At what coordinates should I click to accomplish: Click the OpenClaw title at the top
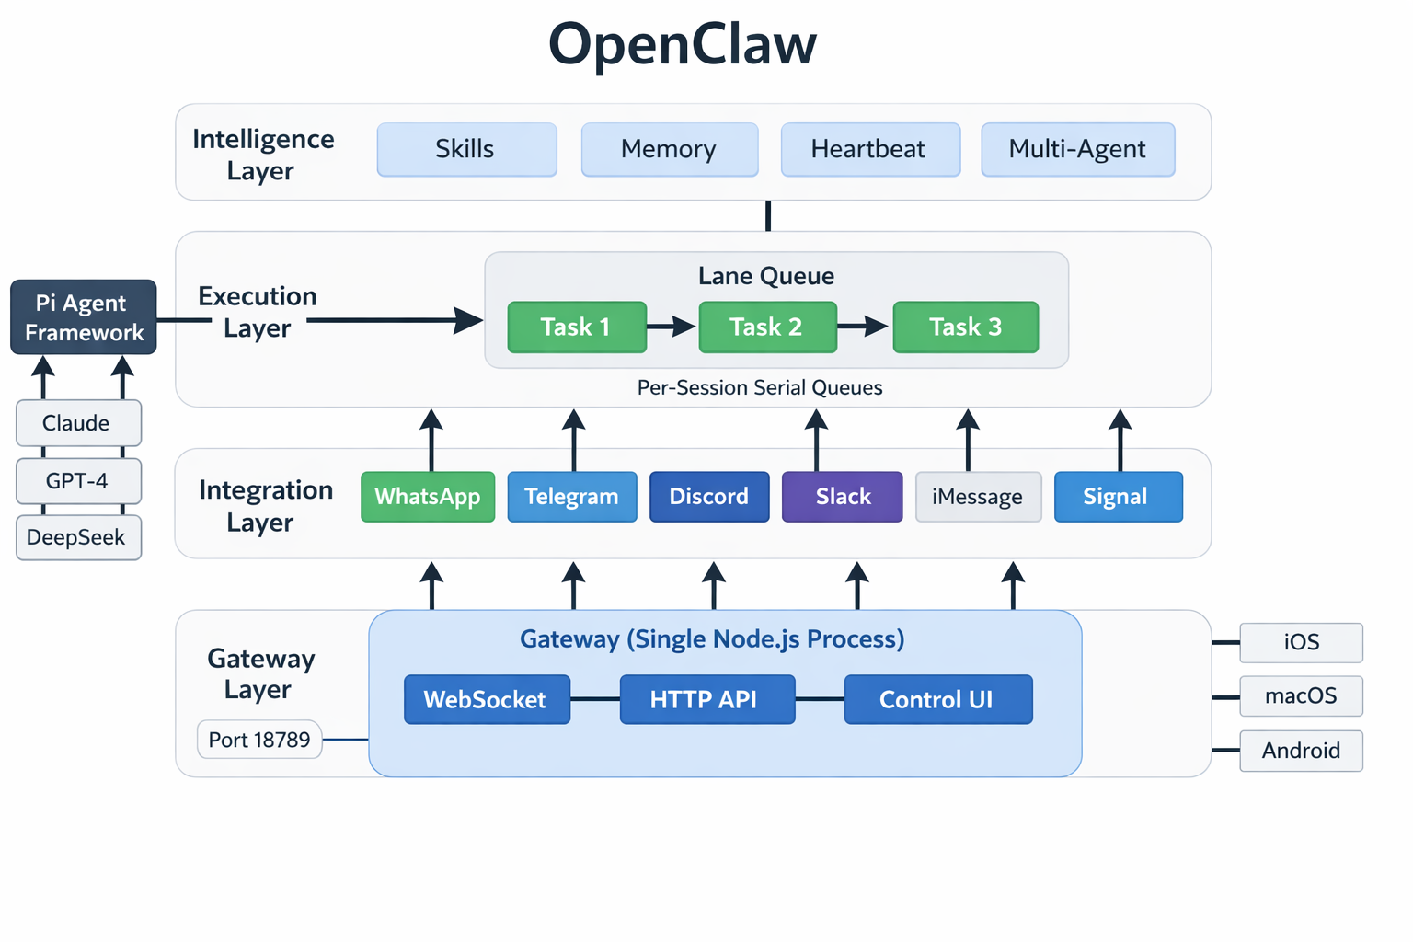[x=682, y=44]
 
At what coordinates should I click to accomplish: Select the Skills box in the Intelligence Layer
[x=466, y=149]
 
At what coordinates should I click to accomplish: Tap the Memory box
[x=669, y=149]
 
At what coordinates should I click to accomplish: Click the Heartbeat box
[x=869, y=149]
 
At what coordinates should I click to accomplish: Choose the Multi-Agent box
[x=1077, y=149]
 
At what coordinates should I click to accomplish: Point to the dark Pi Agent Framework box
[x=84, y=317]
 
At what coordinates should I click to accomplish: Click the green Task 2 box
[x=767, y=327]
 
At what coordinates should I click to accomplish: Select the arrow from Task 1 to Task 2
[x=672, y=327]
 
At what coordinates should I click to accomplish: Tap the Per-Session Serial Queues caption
[x=760, y=387]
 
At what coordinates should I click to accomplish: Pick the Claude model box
[x=78, y=423]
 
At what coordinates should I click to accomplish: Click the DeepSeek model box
[x=78, y=537]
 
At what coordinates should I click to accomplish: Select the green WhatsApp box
[x=428, y=497]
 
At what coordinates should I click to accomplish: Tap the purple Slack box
[x=842, y=497]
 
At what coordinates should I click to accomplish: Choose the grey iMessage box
[x=978, y=497]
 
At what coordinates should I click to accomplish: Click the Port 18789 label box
[x=259, y=740]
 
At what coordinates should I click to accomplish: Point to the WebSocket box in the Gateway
[x=487, y=700]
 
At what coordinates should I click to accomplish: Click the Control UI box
[x=937, y=700]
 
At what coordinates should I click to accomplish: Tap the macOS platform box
[x=1301, y=696]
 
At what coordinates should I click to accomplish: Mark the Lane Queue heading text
[x=766, y=276]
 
